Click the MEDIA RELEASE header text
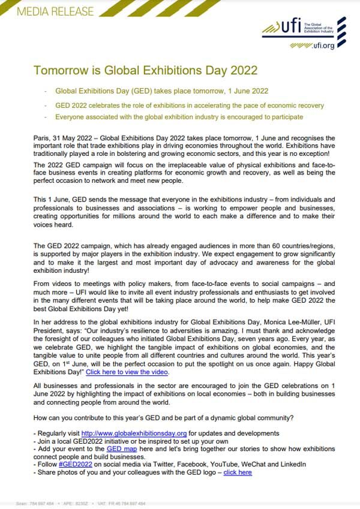49,11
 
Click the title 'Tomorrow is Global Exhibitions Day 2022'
145,70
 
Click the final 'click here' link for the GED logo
238,472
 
